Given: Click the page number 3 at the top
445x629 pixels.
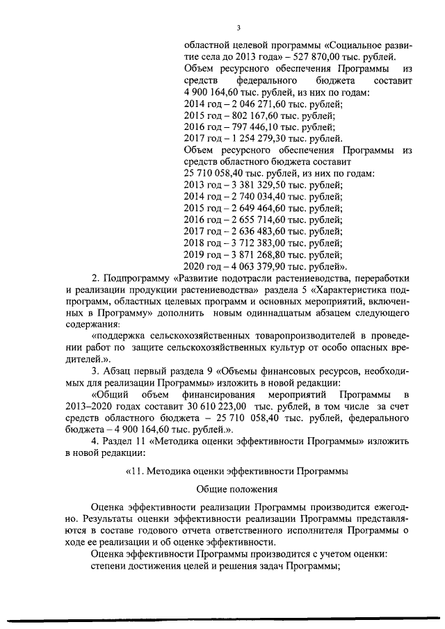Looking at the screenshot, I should (x=238, y=28).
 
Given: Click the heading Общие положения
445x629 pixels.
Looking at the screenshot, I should (x=237, y=489).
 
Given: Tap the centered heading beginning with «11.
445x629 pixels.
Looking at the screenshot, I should (x=237, y=471).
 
